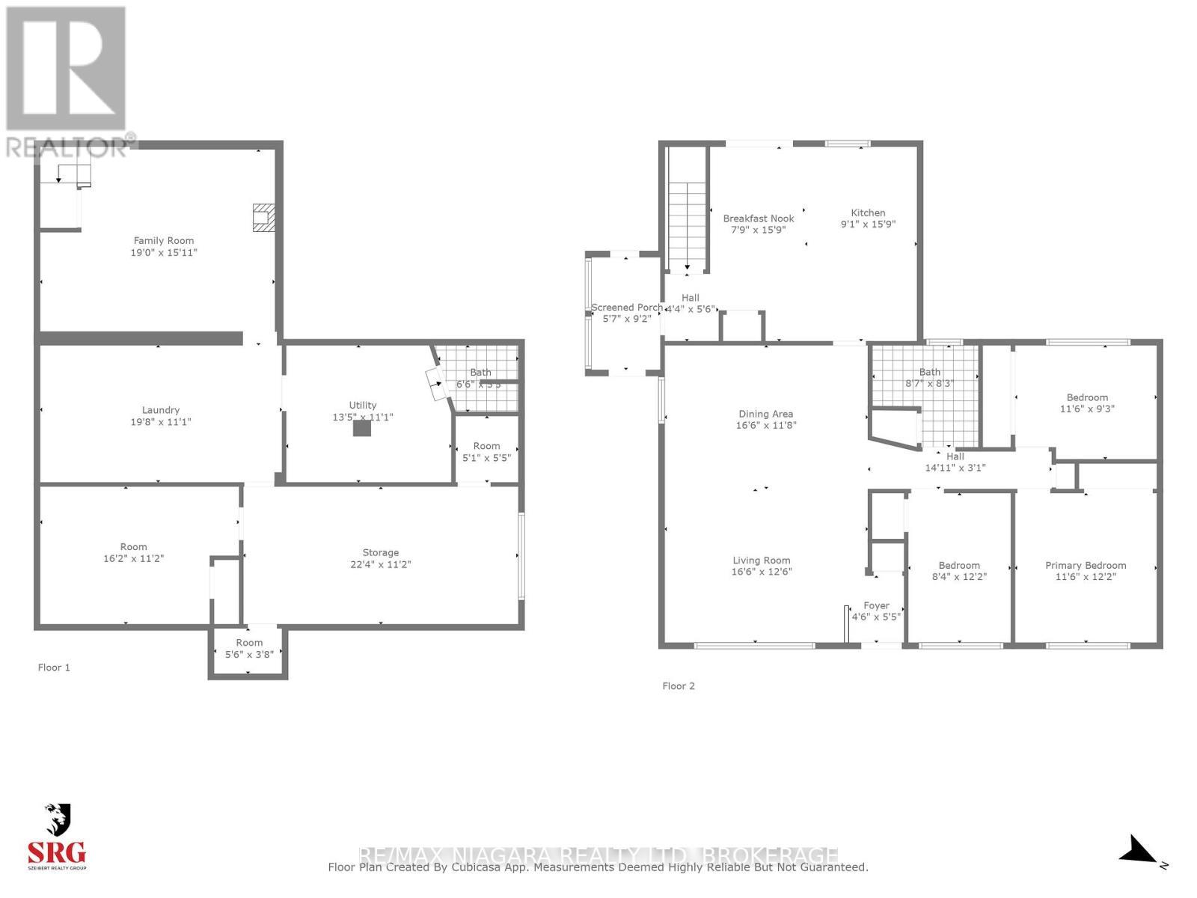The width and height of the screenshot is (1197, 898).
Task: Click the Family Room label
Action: click(x=164, y=240)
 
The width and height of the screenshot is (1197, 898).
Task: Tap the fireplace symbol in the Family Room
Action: click(x=263, y=217)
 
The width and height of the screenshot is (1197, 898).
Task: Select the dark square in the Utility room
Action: click(x=362, y=428)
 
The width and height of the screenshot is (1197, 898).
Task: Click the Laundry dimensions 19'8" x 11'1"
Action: click(x=161, y=422)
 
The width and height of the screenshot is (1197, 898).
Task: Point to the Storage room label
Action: click(x=381, y=552)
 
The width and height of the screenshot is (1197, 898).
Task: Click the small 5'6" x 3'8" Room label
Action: click(x=249, y=643)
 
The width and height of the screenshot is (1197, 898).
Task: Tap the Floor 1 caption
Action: click(x=54, y=668)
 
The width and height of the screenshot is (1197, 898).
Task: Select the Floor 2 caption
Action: click(x=679, y=685)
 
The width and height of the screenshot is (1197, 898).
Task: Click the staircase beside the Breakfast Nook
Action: click(x=688, y=224)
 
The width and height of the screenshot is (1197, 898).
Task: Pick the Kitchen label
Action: click(x=868, y=213)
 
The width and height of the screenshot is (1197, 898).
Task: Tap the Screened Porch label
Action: click(x=627, y=308)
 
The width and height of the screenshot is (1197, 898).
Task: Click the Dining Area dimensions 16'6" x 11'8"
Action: click(x=765, y=426)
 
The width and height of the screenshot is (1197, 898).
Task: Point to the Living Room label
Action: click(x=762, y=560)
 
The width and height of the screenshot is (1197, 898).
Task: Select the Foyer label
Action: click(x=877, y=605)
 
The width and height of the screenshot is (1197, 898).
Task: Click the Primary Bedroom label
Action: click(x=1086, y=565)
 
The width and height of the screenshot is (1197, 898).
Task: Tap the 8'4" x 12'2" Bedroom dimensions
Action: click(x=959, y=577)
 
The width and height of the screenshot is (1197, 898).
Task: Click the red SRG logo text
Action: click(x=57, y=852)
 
